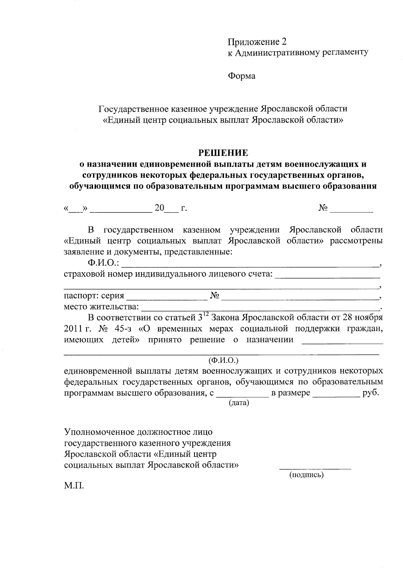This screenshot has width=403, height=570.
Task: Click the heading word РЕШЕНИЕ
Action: point(223,153)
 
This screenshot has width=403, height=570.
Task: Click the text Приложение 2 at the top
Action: point(257,42)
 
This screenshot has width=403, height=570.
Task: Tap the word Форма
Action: point(241,76)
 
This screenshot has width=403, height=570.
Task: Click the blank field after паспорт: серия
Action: point(167,297)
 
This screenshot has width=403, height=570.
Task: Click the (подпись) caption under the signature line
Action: point(306,475)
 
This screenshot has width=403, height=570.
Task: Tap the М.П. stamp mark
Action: point(74,486)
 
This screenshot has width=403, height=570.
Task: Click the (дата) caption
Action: point(238,403)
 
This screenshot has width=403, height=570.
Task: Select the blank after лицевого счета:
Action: point(327,276)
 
